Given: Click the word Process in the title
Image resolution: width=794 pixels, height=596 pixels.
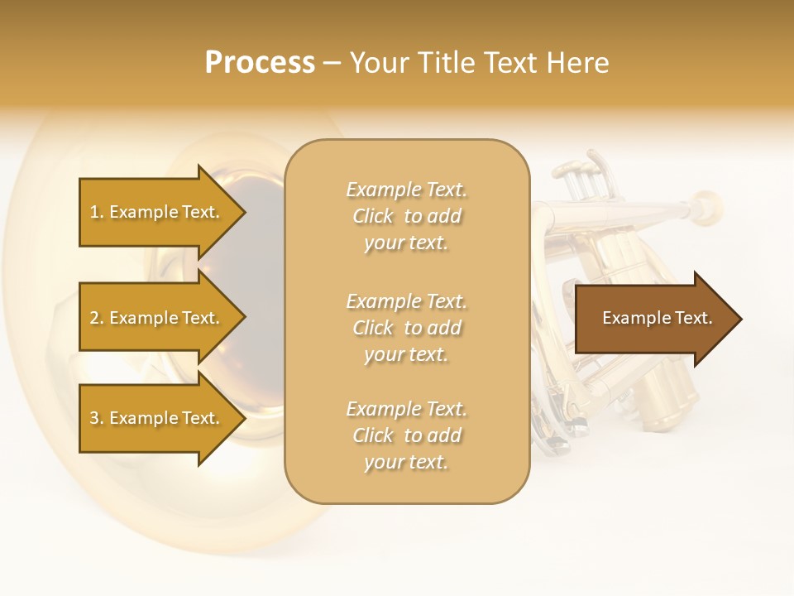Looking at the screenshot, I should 260,63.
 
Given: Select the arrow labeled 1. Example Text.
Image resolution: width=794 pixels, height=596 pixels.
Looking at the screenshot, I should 157,212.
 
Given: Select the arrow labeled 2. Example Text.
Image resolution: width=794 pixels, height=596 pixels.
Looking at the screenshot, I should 157,318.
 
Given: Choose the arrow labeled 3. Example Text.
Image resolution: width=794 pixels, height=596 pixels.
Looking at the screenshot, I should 157,418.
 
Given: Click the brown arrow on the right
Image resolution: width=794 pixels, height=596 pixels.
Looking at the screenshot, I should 653,318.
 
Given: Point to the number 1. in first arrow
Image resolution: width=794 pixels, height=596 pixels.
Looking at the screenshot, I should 96,212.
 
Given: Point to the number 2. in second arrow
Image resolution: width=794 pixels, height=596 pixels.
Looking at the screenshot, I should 96,318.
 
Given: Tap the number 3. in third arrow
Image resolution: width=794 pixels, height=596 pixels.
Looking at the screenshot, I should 96,418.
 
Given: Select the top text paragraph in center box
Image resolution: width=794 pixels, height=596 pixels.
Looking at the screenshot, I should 406,216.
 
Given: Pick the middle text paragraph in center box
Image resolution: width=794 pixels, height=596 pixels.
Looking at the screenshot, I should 406,327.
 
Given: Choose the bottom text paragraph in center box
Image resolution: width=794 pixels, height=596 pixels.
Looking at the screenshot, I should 406,435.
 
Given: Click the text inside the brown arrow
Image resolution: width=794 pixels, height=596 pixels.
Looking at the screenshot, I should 657,318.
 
